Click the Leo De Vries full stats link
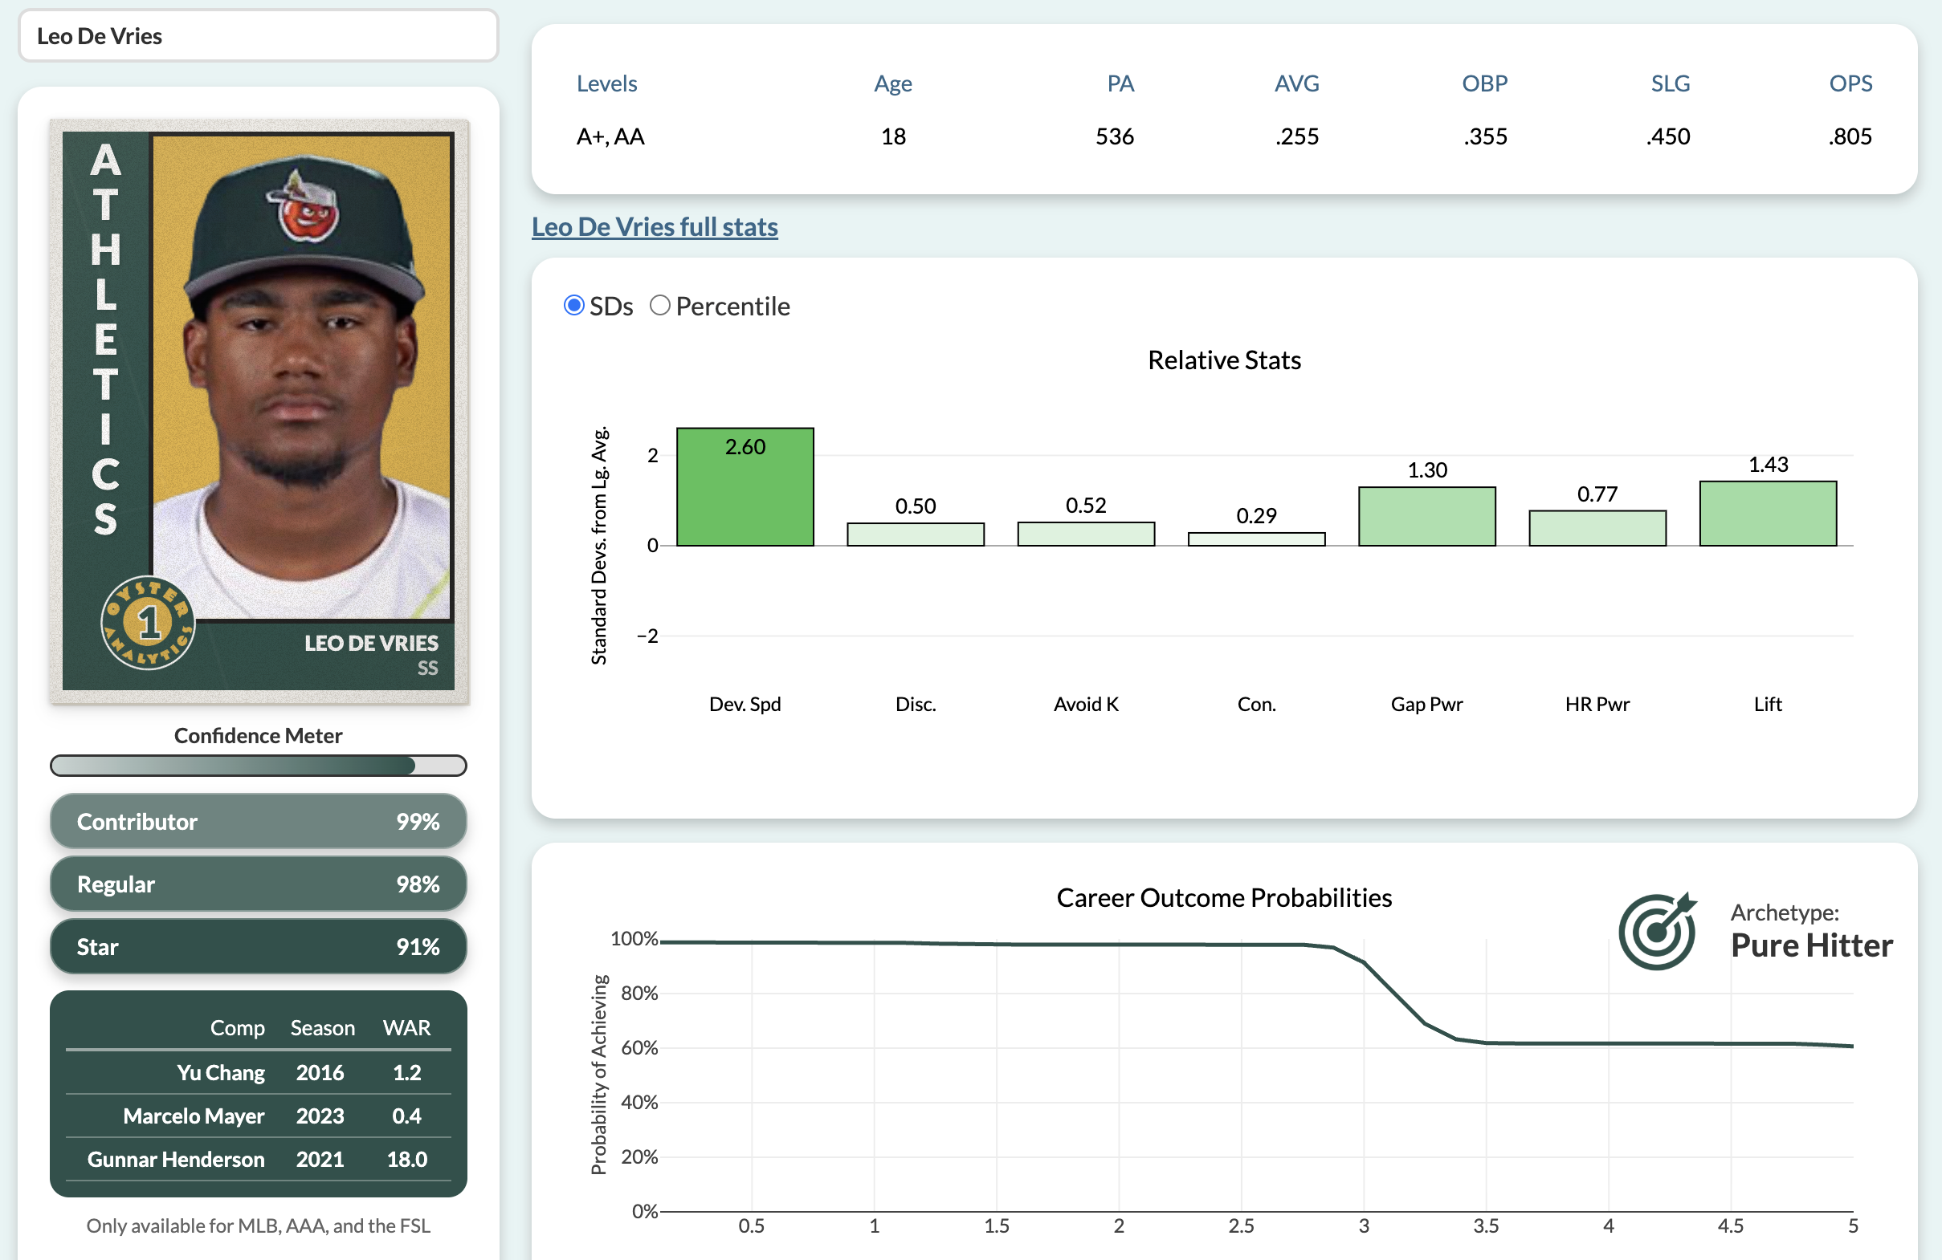(655, 226)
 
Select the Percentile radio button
(659, 306)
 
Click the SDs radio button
(573, 306)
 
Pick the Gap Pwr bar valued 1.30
(1426, 517)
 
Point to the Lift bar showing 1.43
(1768, 514)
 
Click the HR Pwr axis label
(1597, 704)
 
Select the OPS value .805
(1849, 136)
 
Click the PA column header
(1120, 83)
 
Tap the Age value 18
(892, 136)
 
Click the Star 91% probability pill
(258, 947)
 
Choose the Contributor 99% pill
(258, 821)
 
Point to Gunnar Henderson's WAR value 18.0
(406, 1159)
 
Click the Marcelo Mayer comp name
(194, 1116)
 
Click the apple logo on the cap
(305, 210)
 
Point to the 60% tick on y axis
(639, 1047)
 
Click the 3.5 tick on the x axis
(1485, 1225)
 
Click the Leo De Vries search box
(258, 36)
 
